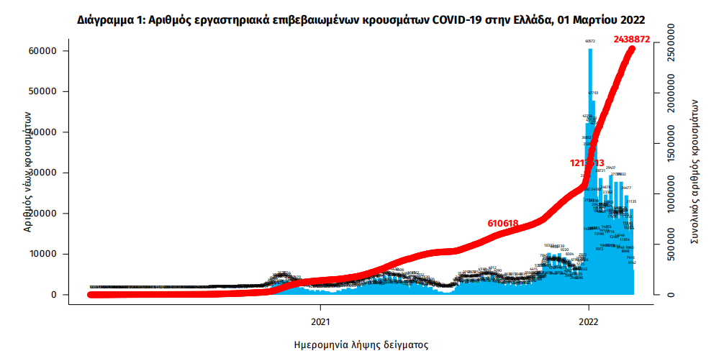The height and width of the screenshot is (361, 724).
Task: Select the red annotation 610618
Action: tap(503, 224)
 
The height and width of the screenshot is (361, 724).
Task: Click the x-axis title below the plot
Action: tap(361, 345)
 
